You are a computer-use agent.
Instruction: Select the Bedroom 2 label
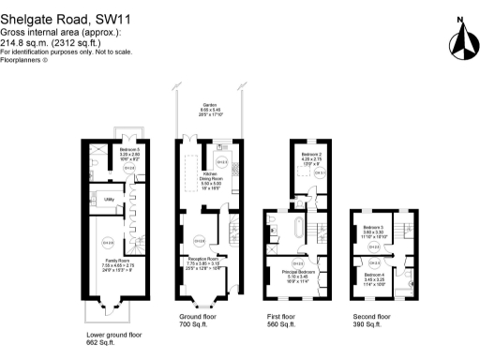tap(312, 155)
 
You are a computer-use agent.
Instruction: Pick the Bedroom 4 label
tap(374, 275)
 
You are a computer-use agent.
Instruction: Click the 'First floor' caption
tap(281, 317)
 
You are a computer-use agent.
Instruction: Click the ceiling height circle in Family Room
tap(108, 246)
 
